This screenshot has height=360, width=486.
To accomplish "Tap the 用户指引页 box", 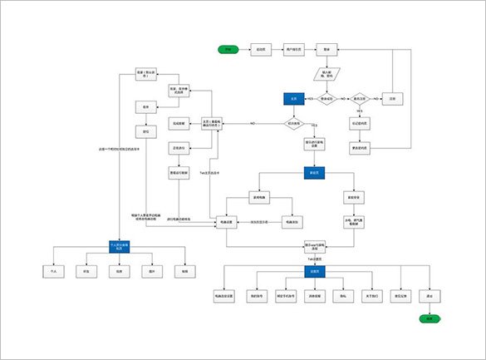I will (x=293, y=50).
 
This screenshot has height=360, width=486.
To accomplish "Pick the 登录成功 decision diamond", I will (x=326, y=98).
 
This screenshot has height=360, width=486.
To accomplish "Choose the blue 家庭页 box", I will (x=314, y=173).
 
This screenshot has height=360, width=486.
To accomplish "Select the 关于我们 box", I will (x=372, y=295).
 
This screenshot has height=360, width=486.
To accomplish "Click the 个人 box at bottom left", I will (x=52, y=271).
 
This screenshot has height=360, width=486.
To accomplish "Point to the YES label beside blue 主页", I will (x=310, y=97).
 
